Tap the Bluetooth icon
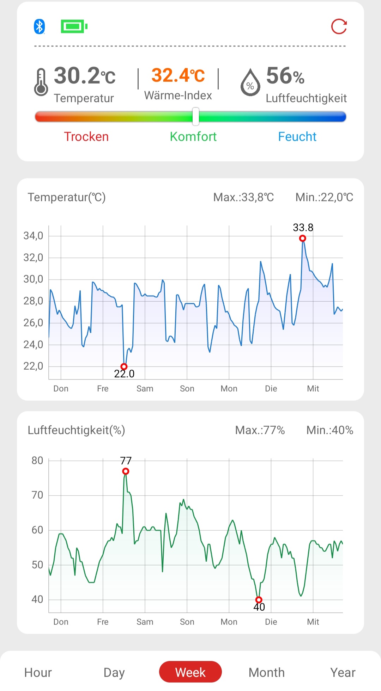[x=39, y=26]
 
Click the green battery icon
[x=74, y=26]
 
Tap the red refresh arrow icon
[x=339, y=26]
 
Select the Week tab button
[x=190, y=672]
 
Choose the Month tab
[x=266, y=672]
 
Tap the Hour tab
[x=38, y=672]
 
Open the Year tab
[x=343, y=672]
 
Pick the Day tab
[x=114, y=672]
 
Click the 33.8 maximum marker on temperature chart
[x=302, y=239]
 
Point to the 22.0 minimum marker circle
[x=124, y=366]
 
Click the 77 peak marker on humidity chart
[x=126, y=471]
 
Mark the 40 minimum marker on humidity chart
[x=259, y=600]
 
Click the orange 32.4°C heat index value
[x=178, y=75]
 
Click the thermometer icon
[x=41, y=82]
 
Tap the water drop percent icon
[x=250, y=83]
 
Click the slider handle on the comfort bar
[x=195, y=117]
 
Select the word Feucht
[x=297, y=137]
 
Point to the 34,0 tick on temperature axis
[x=33, y=236]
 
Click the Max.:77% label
[x=260, y=430]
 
